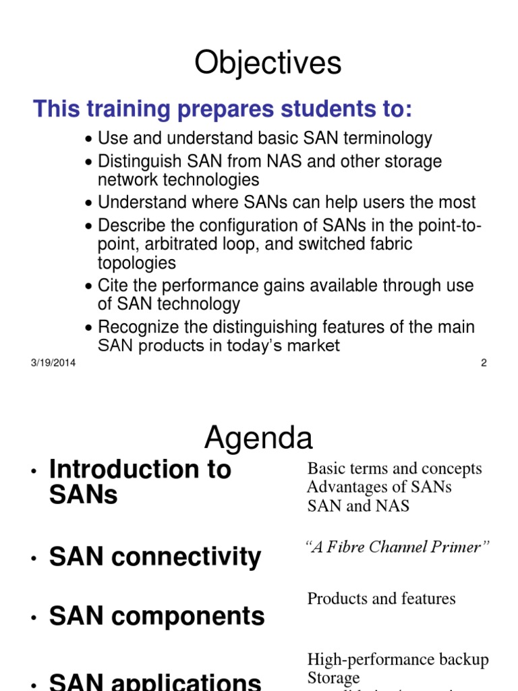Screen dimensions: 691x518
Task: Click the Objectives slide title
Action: [268, 64]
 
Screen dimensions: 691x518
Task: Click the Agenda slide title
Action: [258, 439]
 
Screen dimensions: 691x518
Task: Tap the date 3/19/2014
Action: [53, 363]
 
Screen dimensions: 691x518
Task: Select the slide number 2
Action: [484, 363]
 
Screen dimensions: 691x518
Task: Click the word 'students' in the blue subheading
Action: [302, 108]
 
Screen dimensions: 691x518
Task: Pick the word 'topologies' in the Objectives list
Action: [137, 262]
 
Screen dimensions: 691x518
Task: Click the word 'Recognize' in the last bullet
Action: [139, 327]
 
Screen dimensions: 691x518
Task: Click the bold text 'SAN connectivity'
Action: [155, 557]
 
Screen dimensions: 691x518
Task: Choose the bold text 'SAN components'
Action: [157, 616]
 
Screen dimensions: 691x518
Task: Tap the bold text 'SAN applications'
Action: [155, 680]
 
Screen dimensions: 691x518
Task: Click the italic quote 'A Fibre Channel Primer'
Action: [398, 547]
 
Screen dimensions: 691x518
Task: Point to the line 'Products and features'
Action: [381, 599]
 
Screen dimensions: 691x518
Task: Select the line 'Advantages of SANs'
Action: [379, 487]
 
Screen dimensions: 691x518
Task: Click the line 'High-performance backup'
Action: [398, 659]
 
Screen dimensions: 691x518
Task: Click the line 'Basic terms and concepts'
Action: [395, 468]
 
